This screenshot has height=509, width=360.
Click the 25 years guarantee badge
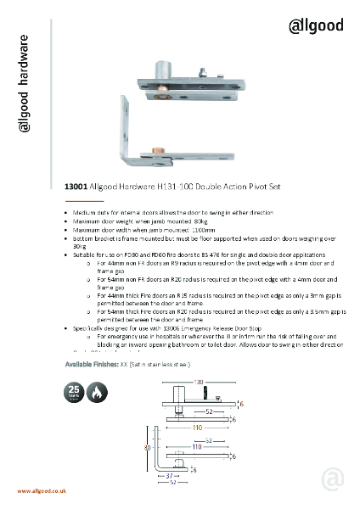(75, 392)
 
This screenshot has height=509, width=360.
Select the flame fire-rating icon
(98, 392)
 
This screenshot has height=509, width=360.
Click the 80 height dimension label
(147, 447)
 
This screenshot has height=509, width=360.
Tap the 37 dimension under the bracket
(167, 478)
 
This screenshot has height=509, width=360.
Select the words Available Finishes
(93, 364)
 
